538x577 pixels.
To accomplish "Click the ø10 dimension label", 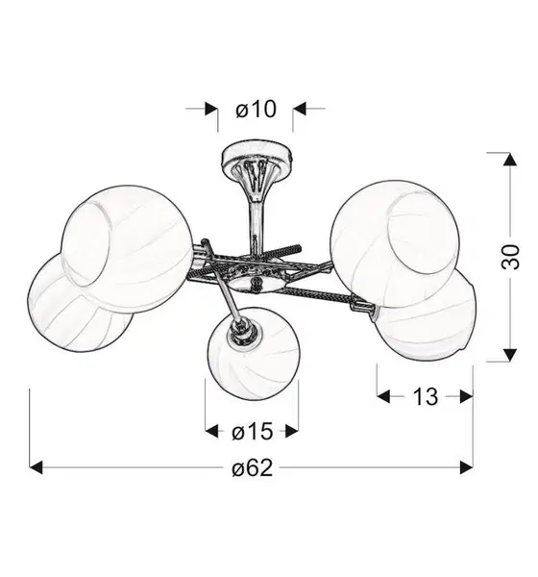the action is coord(256,110).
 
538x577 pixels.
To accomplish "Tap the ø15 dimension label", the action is coord(253,431).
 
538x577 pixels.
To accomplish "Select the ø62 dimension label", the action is coord(253,468).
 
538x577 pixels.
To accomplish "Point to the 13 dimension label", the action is coord(426,396).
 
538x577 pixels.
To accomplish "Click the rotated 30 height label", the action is coord(510,257).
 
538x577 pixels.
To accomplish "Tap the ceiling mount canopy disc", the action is coord(257,156).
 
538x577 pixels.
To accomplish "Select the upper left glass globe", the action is coord(127,249).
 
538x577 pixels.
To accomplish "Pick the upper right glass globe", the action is coord(395,243).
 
